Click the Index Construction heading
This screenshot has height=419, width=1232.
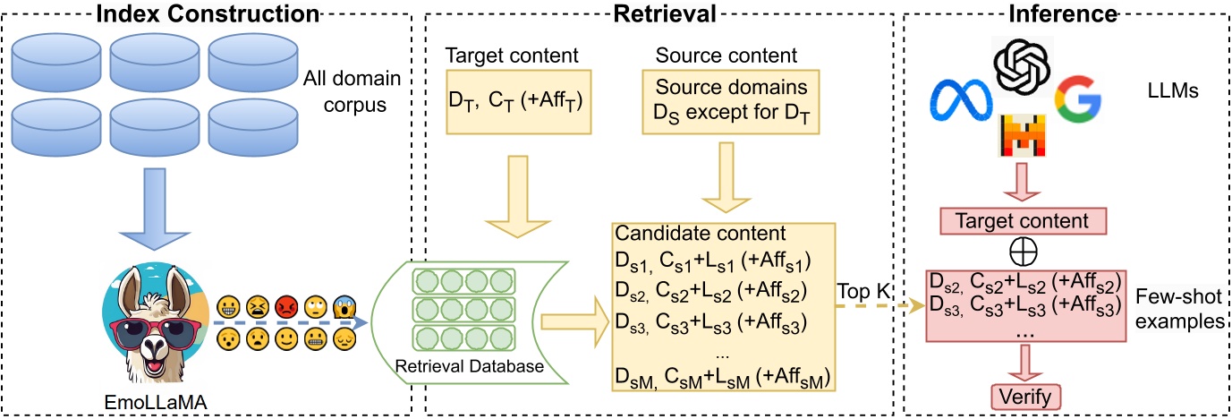pyautogui.click(x=208, y=13)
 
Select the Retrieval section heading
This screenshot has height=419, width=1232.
pyautogui.click(x=665, y=13)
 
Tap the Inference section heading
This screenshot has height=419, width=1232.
pyautogui.click(x=1063, y=13)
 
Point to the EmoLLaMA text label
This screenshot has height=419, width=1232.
pyautogui.click(x=156, y=403)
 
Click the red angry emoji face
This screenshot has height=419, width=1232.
pyautogui.click(x=286, y=307)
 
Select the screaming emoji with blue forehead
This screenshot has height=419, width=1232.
pyautogui.click(x=344, y=307)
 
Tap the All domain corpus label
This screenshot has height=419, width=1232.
pyautogui.click(x=353, y=91)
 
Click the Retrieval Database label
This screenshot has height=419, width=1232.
pyautogui.click(x=469, y=366)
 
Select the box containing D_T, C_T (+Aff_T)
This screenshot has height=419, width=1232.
pyautogui.click(x=519, y=102)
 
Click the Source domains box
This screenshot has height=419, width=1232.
pyautogui.click(x=731, y=102)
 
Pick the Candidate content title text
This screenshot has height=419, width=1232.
pyautogui.click(x=701, y=233)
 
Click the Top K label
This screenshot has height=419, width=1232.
pyautogui.click(x=863, y=291)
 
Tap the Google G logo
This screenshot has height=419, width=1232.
pyautogui.click(x=1077, y=99)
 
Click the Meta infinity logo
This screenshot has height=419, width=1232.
pyautogui.click(x=961, y=99)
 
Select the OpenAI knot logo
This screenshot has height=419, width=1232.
pyautogui.click(x=1022, y=66)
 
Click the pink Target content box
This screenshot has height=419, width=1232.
pyautogui.click(x=1023, y=221)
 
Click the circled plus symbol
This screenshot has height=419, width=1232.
pyautogui.click(x=1024, y=252)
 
